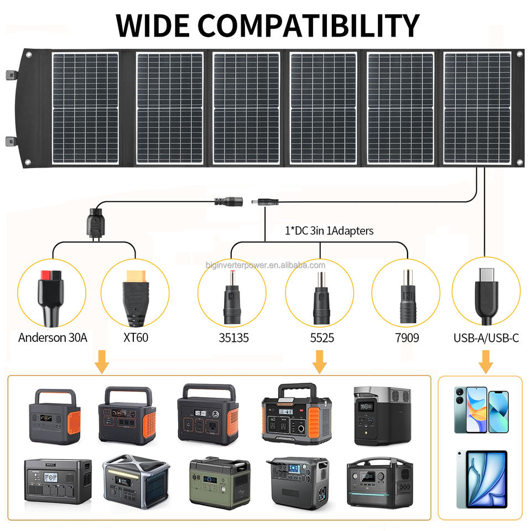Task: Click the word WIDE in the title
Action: [153, 25]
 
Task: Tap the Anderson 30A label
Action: [53, 337]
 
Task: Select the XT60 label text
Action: [136, 337]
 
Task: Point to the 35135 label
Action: [233, 337]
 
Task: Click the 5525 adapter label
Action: [322, 337]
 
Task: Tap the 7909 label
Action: [407, 337]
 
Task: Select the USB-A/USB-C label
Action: [486, 338]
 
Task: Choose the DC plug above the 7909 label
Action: [408, 296]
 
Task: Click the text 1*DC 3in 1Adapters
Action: [329, 231]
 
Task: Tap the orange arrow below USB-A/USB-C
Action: [486, 362]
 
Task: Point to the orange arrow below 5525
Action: [320, 362]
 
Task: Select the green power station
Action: [220, 482]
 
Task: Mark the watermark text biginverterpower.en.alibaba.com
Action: [265, 265]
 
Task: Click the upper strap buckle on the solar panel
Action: [12, 75]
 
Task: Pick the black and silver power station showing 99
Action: [382, 415]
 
